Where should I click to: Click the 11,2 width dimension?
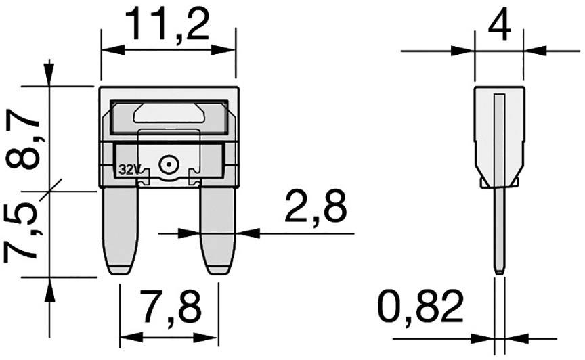167,26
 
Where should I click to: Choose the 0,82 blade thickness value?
421,309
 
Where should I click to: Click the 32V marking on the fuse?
127,169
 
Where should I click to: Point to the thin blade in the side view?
499,230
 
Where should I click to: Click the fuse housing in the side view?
499,135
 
